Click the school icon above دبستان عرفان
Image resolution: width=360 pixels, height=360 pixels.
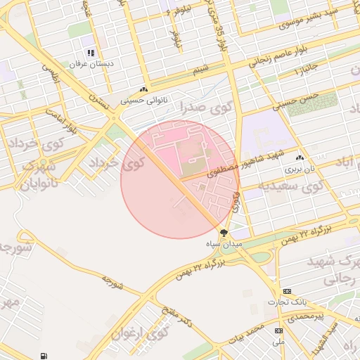(x=90, y=53)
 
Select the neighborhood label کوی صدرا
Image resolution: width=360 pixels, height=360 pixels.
(x=186, y=108)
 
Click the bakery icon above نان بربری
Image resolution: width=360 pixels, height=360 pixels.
(x=300, y=158)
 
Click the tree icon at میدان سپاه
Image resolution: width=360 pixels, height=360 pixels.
(x=224, y=232)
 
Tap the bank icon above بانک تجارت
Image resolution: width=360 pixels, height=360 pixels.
(x=287, y=291)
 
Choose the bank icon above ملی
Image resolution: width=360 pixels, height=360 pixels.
(x=278, y=330)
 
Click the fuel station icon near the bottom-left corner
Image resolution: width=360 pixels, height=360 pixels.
(x=45, y=356)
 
